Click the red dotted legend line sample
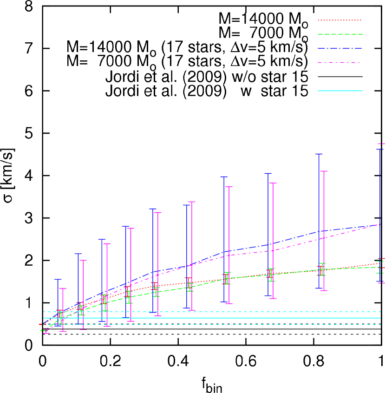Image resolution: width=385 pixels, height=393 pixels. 339,20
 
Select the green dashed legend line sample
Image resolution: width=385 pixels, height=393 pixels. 339,34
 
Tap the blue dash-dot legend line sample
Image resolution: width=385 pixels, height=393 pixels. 339,48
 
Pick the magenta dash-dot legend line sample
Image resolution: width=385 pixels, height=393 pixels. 339,62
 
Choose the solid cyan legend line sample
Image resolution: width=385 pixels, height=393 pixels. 339,91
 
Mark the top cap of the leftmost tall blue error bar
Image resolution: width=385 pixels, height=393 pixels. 58,279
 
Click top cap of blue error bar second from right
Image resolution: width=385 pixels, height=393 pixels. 319,154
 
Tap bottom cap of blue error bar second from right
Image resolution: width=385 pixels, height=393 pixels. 319,288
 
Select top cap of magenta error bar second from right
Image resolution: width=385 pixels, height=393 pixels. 324,171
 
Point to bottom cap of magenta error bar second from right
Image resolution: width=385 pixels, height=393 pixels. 324,290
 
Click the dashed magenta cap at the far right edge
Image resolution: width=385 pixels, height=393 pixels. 381,144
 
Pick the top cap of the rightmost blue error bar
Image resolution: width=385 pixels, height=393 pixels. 379,149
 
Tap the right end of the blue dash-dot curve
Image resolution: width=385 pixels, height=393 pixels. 380,224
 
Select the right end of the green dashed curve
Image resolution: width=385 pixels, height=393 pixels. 380,267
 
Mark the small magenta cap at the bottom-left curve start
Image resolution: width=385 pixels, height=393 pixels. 46,333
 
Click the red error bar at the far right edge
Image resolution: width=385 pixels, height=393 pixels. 381,263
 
